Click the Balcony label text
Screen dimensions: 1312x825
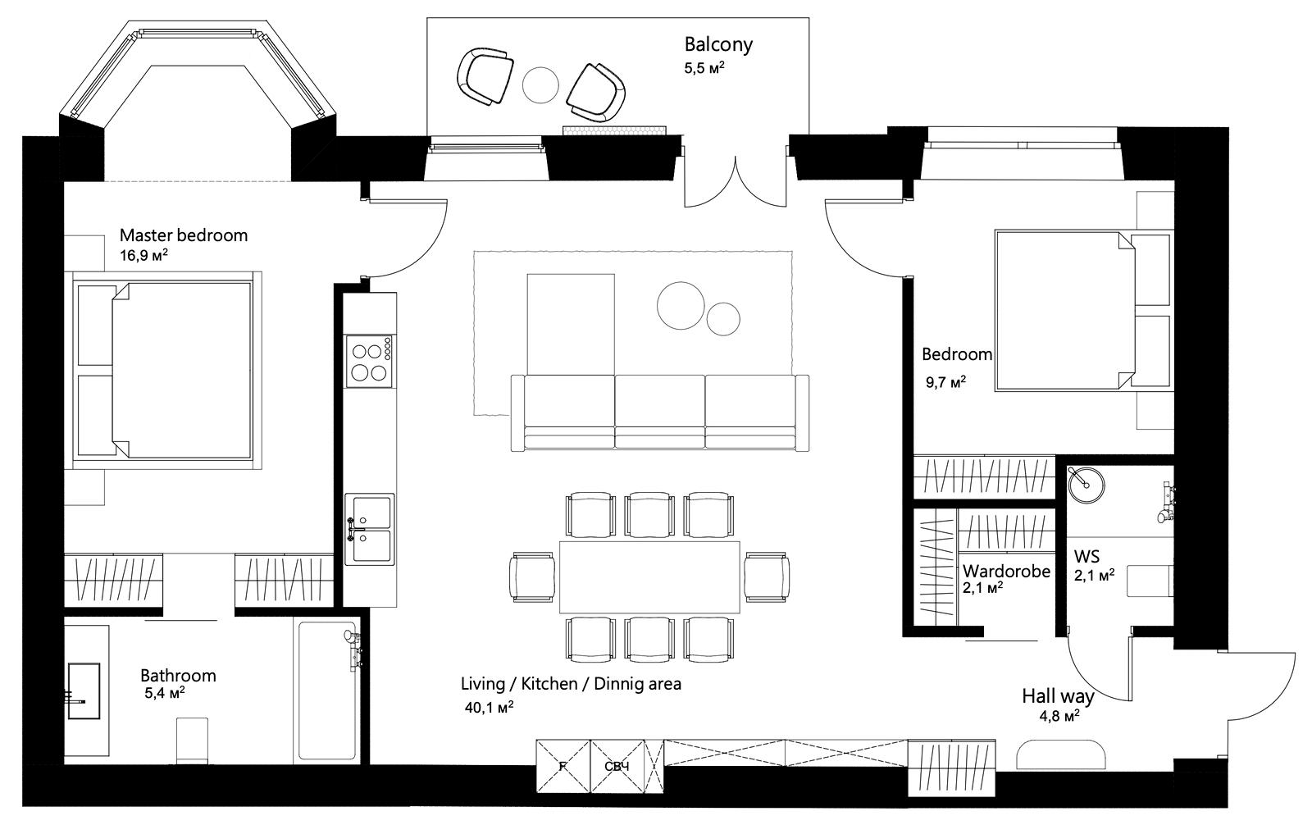point(718,44)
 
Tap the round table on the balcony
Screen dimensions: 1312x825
point(540,85)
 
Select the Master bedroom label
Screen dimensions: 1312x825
point(184,235)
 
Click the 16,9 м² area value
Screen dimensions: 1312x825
point(144,256)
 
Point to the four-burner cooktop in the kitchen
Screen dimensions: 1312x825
point(369,362)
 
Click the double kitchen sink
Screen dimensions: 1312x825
point(369,529)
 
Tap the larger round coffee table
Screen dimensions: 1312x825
point(681,306)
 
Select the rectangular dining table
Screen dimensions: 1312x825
point(649,577)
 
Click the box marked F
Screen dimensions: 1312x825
point(563,767)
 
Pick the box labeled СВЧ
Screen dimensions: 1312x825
point(617,767)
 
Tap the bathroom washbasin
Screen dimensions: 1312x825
point(84,691)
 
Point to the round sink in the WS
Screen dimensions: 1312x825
point(1086,485)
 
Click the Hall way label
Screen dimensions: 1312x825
point(1059,696)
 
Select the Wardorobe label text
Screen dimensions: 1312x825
point(1006,572)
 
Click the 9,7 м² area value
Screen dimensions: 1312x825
point(945,383)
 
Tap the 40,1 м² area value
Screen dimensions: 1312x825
point(489,707)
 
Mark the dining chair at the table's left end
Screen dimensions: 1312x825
point(532,577)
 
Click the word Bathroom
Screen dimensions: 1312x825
point(178,676)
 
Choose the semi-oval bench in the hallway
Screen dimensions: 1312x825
point(1061,754)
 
